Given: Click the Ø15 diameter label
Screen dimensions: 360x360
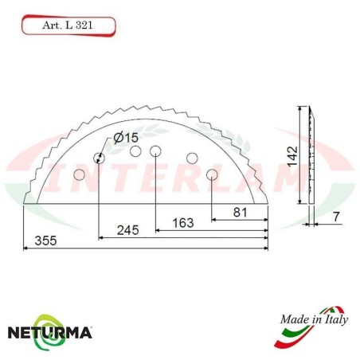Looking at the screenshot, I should click(x=126, y=137).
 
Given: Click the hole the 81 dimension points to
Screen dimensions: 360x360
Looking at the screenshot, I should click(x=211, y=174).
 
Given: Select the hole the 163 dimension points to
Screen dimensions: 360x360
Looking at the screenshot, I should click(x=155, y=151).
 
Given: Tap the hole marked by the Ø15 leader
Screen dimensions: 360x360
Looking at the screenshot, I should click(x=99, y=158).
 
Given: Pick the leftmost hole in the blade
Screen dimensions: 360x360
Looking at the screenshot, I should click(x=78, y=174).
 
